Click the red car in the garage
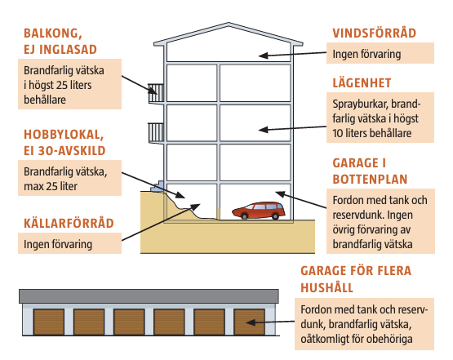click(x=259, y=211)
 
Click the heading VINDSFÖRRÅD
click(x=374, y=33)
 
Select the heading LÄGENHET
click(x=362, y=83)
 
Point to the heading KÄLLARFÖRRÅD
click(x=69, y=223)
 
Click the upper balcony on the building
click(x=156, y=93)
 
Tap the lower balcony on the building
click(x=156, y=132)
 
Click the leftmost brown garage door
click(x=48, y=322)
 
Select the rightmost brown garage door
click(x=249, y=322)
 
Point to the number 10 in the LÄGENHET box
click(x=337, y=133)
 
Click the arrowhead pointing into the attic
click(x=264, y=56)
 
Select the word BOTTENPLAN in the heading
click(x=370, y=179)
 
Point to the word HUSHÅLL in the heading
click(x=326, y=287)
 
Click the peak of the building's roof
click(x=229, y=23)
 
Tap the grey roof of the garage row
click(x=149, y=296)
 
